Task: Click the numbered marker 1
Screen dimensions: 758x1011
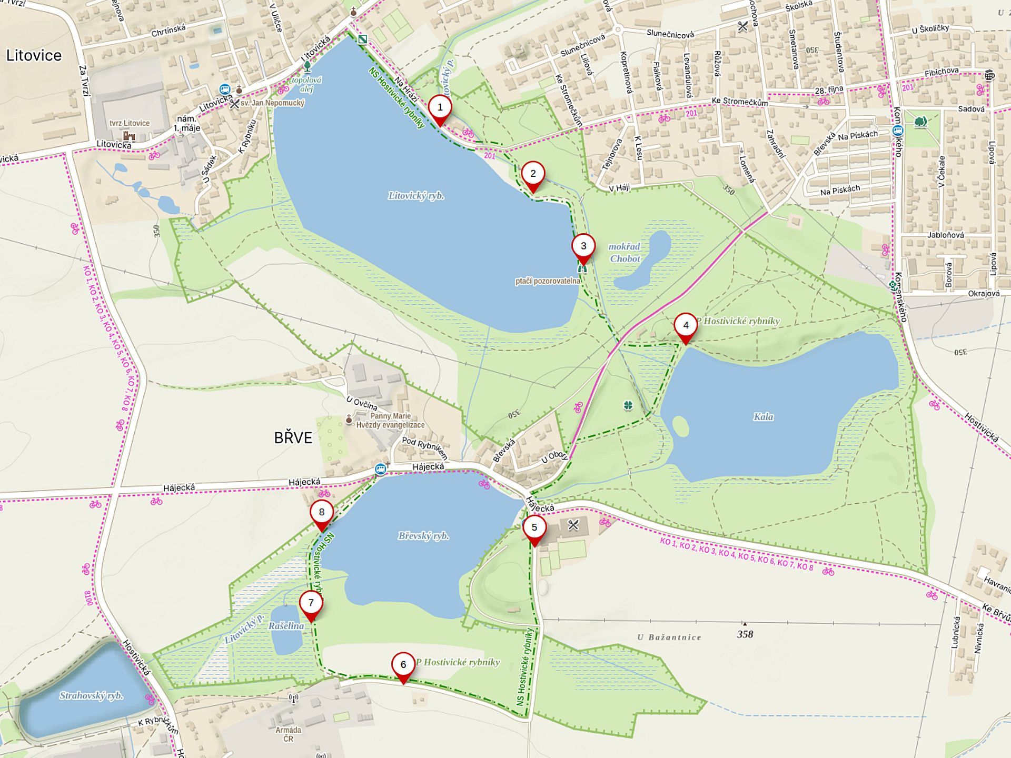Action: tap(440, 108)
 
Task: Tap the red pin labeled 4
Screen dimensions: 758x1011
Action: tap(686, 326)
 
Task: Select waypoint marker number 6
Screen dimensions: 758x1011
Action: tap(403, 665)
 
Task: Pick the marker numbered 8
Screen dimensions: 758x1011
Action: tap(322, 513)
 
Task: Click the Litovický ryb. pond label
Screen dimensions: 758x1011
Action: tap(416, 196)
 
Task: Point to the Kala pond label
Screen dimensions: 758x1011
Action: tap(763, 417)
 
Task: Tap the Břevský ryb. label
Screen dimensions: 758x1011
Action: tap(423, 536)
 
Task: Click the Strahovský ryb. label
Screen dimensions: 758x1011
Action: tap(91, 695)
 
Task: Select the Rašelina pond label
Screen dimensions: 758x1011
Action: tap(286, 626)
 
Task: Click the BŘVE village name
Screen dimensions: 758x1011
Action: tap(293, 438)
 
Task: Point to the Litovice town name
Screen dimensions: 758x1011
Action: tap(34, 55)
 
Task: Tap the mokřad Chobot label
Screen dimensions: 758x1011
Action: tap(625, 253)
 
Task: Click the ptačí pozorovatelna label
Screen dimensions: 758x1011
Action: tap(547, 281)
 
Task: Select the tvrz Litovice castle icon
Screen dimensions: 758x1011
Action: tap(129, 136)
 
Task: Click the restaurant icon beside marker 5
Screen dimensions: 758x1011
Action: tap(573, 525)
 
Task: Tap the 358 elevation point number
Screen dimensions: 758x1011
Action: tap(745, 634)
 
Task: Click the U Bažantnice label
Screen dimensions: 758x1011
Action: tap(669, 637)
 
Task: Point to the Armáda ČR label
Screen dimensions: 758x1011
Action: tap(288, 734)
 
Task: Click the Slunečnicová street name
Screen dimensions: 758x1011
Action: tap(670, 34)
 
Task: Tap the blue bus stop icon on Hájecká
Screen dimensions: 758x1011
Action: tap(380, 468)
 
